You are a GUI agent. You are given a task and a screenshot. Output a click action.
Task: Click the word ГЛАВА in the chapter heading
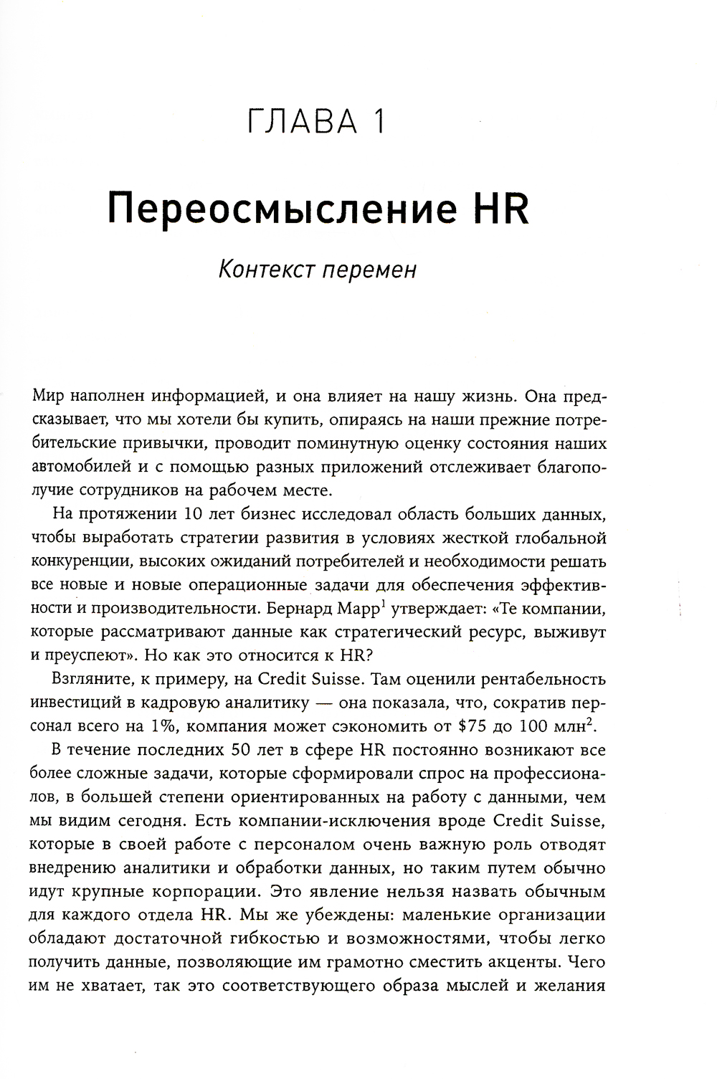point(300,121)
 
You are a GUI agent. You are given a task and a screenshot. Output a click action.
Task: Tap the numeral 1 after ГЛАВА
point(378,121)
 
